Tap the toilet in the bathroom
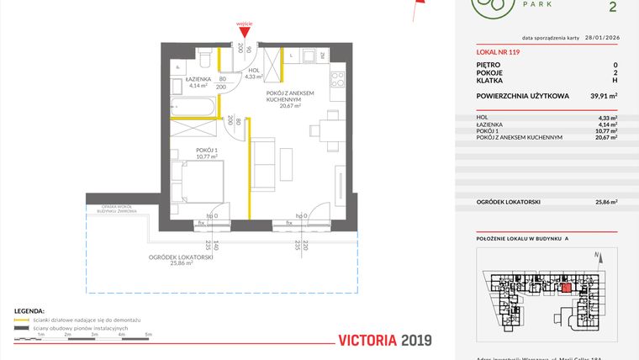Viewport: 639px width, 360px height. (x=203, y=58)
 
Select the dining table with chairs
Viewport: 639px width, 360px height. (x=325, y=130)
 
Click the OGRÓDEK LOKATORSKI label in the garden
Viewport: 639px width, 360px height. (x=181, y=257)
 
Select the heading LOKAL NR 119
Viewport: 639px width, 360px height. (x=499, y=52)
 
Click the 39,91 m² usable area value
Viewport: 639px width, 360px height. (x=604, y=97)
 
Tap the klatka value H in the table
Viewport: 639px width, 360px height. (x=615, y=82)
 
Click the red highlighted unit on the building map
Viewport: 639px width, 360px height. (x=566, y=288)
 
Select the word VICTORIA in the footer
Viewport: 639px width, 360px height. (x=367, y=341)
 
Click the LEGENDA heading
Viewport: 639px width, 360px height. (x=29, y=310)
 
